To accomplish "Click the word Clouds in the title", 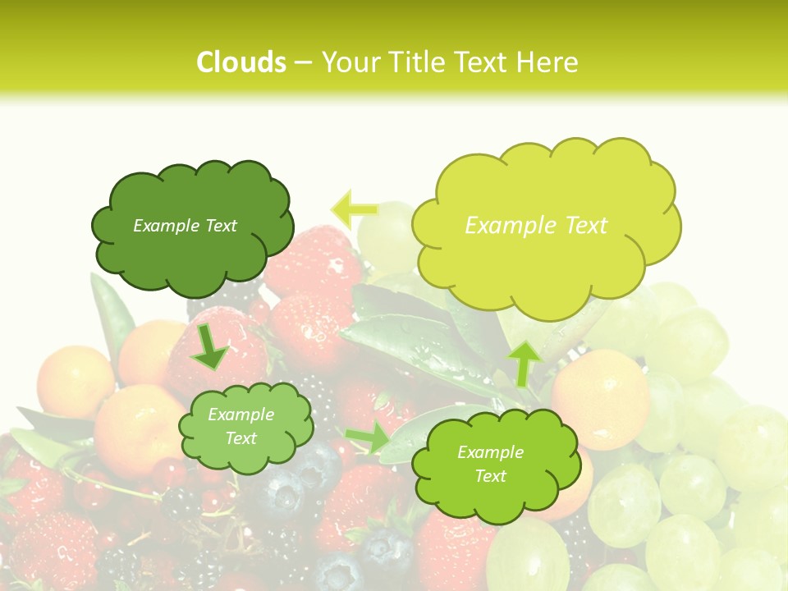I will [x=241, y=62].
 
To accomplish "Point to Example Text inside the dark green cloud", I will [x=185, y=226].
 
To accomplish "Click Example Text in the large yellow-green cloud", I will [x=536, y=226].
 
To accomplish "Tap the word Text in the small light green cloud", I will [x=241, y=438].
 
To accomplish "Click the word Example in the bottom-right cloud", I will [x=490, y=452].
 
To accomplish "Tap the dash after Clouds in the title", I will [x=303, y=63].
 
